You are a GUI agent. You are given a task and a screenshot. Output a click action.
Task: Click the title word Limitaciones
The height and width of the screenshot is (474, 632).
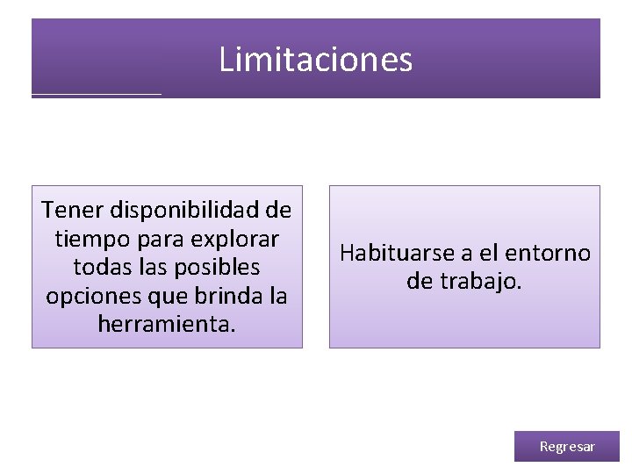315,60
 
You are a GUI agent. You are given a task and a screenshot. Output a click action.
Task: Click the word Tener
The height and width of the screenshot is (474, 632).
68,211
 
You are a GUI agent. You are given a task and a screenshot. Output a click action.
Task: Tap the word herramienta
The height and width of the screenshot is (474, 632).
167,324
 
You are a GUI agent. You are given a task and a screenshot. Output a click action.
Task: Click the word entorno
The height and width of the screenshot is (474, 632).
549,254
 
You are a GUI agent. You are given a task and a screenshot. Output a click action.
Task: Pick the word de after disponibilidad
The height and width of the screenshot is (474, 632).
279,211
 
